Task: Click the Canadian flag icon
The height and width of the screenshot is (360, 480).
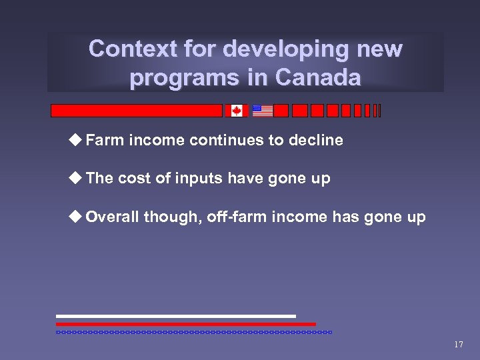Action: point(236,111)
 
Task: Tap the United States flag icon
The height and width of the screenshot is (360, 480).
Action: point(263,111)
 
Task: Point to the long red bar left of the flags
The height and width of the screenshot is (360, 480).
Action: point(137,111)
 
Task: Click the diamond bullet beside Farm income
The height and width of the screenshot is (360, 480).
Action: point(76,139)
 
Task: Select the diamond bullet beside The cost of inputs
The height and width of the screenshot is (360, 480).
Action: point(76,178)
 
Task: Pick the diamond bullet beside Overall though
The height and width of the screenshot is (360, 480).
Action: point(76,217)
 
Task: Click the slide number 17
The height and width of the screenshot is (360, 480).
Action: point(458,345)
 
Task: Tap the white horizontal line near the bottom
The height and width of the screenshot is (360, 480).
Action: point(175,316)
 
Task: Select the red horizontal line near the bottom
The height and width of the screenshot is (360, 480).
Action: point(185,324)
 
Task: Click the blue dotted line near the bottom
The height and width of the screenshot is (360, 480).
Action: point(193,331)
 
